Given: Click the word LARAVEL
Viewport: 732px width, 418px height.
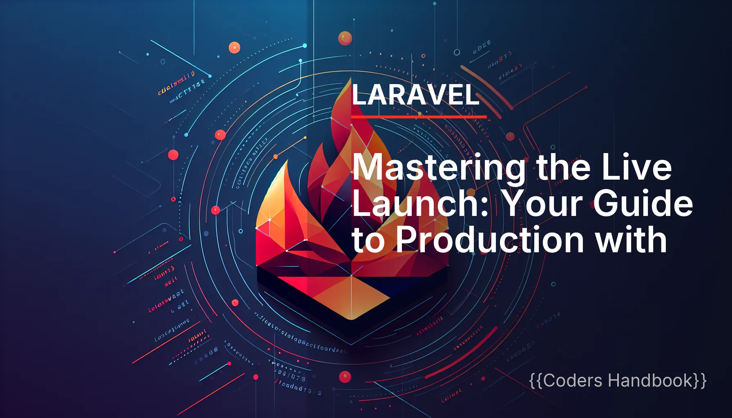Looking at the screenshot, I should pos(415,95).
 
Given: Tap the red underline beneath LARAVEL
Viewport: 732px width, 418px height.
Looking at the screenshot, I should pos(419,117).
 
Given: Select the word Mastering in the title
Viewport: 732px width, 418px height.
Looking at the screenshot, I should pos(438,168).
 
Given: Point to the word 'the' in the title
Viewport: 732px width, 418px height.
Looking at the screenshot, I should pos(564,167).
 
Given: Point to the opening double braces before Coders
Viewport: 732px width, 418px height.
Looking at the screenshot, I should pos(536,380).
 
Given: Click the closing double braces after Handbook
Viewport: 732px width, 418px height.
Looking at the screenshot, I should pos(700,380).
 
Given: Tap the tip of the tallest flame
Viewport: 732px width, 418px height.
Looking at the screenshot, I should pos(350,79).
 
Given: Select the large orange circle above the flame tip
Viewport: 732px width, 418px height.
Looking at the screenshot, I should pos(345,38).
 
